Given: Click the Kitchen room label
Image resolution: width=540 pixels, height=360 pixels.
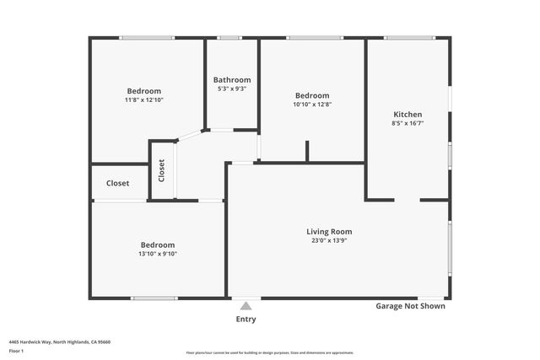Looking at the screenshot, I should [x=408, y=115].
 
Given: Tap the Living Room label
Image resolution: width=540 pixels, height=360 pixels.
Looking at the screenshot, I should [x=329, y=231].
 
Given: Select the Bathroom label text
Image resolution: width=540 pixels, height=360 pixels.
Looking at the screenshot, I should [x=232, y=80].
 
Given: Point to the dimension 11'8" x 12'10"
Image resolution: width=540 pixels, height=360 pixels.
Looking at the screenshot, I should [x=144, y=100].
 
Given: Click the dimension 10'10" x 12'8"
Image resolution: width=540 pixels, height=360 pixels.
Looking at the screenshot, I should [x=312, y=105].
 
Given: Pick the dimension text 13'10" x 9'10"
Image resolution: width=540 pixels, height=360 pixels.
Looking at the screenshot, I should [x=158, y=254].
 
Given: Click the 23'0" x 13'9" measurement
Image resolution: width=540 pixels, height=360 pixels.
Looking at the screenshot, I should [x=329, y=241].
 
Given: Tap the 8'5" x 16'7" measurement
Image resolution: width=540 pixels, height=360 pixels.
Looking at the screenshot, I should [x=408, y=124].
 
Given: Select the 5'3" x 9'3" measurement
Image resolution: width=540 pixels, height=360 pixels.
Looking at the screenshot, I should [x=232, y=89].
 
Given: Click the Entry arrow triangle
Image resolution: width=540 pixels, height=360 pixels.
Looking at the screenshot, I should [x=246, y=306].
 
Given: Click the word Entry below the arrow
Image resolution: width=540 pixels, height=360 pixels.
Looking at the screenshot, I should [x=246, y=320].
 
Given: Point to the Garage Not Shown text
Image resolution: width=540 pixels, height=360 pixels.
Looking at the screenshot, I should [x=410, y=306].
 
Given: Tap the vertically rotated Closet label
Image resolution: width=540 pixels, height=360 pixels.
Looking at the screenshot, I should [x=161, y=171].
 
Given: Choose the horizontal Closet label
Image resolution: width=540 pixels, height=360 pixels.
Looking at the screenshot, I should [x=118, y=183].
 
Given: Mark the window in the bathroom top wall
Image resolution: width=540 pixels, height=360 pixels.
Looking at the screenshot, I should [x=229, y=38].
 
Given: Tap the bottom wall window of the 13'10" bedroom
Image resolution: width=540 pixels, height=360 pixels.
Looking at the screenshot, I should [x=154, y=298].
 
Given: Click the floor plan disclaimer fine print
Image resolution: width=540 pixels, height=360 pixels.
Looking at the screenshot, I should [x=270, y=352].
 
